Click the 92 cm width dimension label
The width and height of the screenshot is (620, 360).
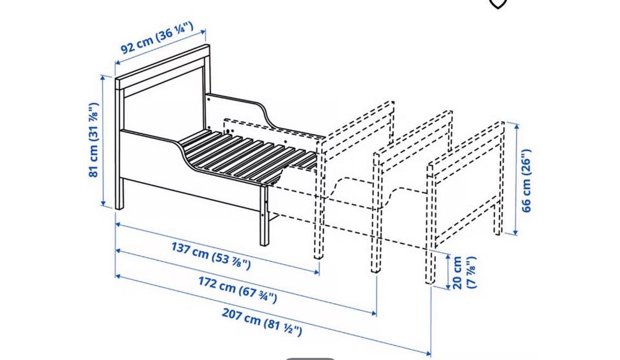click(156, 37)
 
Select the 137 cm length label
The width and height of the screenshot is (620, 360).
click(211, 255)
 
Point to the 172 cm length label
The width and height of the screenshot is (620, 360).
click(237, 290)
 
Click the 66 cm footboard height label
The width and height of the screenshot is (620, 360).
click(526, 180)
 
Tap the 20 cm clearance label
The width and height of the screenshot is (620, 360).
click(464, 273)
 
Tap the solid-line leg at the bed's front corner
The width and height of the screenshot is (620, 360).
click(264, 216)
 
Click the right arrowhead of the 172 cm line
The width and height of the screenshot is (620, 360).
click(373, 313)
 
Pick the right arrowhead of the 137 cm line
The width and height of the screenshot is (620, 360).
click(316, 272)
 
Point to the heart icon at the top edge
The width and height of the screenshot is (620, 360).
click(498, 4)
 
